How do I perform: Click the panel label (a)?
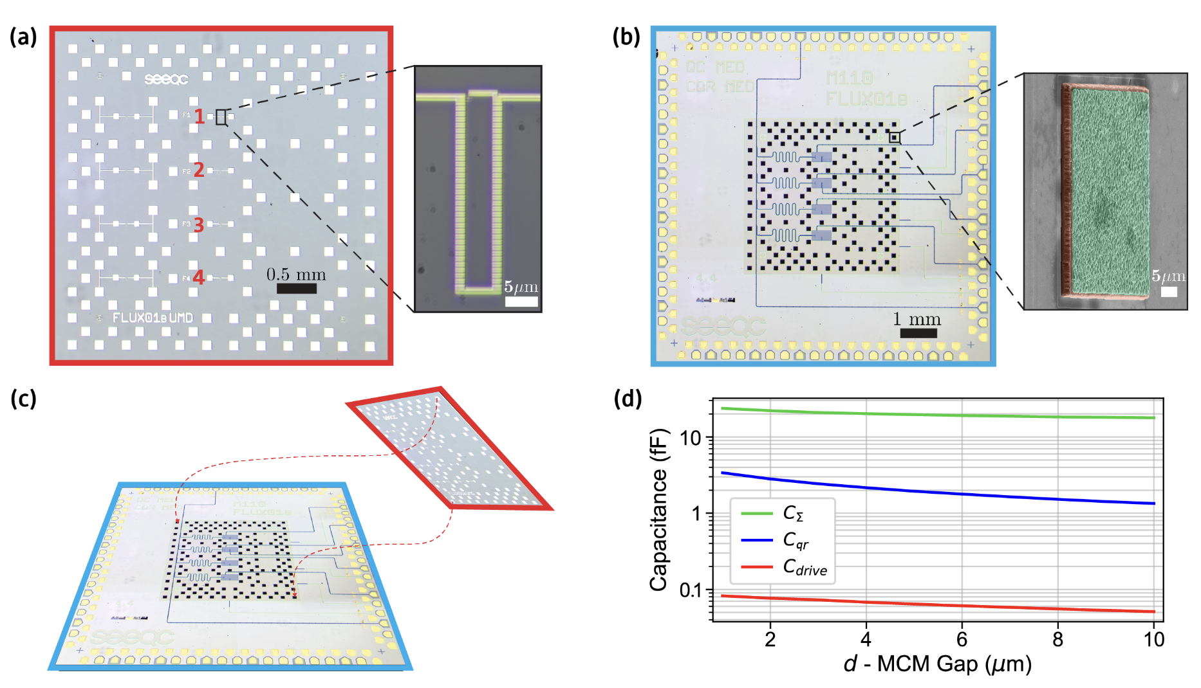click(x=23, y=37)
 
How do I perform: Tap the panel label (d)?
click(x=628, y=399)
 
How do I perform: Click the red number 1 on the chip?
click(x=200, y=116)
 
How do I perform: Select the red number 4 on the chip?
click(x=199, y=277)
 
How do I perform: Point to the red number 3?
click(x=199, y=224)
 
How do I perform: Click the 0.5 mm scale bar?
click(x=296, y=289)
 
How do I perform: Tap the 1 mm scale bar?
click(x=918, y=333)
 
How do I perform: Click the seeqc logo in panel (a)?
click(x=166, y=78)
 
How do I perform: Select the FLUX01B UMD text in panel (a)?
click(x=153, y=318)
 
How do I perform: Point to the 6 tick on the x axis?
click(x=962, y=639)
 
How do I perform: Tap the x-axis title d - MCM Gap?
click(x=937, y=664)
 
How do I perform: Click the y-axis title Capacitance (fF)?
click(x=658, y=509)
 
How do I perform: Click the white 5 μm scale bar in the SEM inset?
click(x=1169, y=291)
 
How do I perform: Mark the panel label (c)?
click(x=23, y=399)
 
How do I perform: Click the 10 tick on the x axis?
click(x=1153, y=639)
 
